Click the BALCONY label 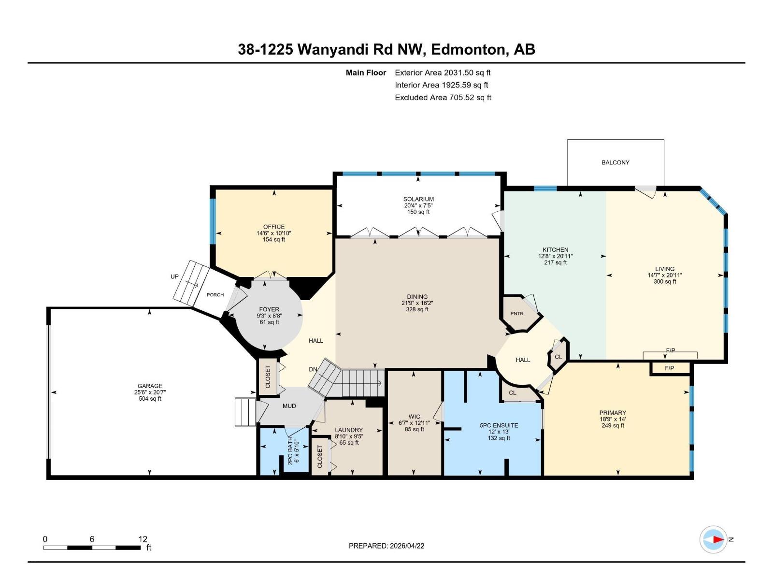(615, 162)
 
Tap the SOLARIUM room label (418, 199)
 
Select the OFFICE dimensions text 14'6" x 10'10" (273, 233)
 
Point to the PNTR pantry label (516, 314)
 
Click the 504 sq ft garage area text (150, 399)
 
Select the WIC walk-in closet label (414, 417)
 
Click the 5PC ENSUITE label (499, 425)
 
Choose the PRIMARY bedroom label (613, 413)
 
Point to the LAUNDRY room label (348, 430)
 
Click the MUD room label (289, 406)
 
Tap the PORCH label (215, 295)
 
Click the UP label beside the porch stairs (174, 277)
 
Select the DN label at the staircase (313, 369)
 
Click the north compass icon (714, 539)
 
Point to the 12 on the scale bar (143, 539)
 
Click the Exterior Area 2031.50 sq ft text (443, 73)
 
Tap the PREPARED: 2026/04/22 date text (386, 546)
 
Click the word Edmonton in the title (467, 49)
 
